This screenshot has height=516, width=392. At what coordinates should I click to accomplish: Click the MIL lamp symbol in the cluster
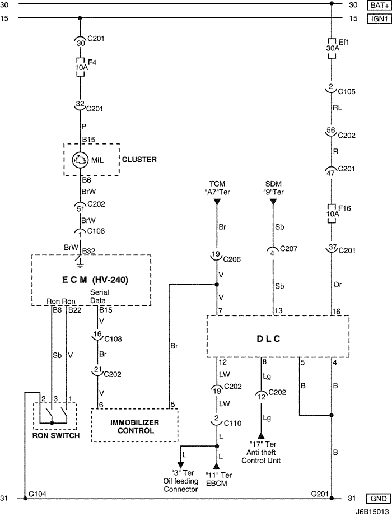point(81,160)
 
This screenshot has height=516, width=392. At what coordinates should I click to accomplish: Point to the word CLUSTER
point(139,160)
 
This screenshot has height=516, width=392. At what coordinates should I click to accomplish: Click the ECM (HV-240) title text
point(91,280)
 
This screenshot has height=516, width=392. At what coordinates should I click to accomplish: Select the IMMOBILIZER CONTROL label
point(134,426)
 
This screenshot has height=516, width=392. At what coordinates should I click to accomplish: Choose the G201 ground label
point(320,494)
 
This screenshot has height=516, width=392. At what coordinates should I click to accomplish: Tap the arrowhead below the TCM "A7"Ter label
point(217,202)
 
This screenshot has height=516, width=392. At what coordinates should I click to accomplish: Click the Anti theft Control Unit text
point(261,457)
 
